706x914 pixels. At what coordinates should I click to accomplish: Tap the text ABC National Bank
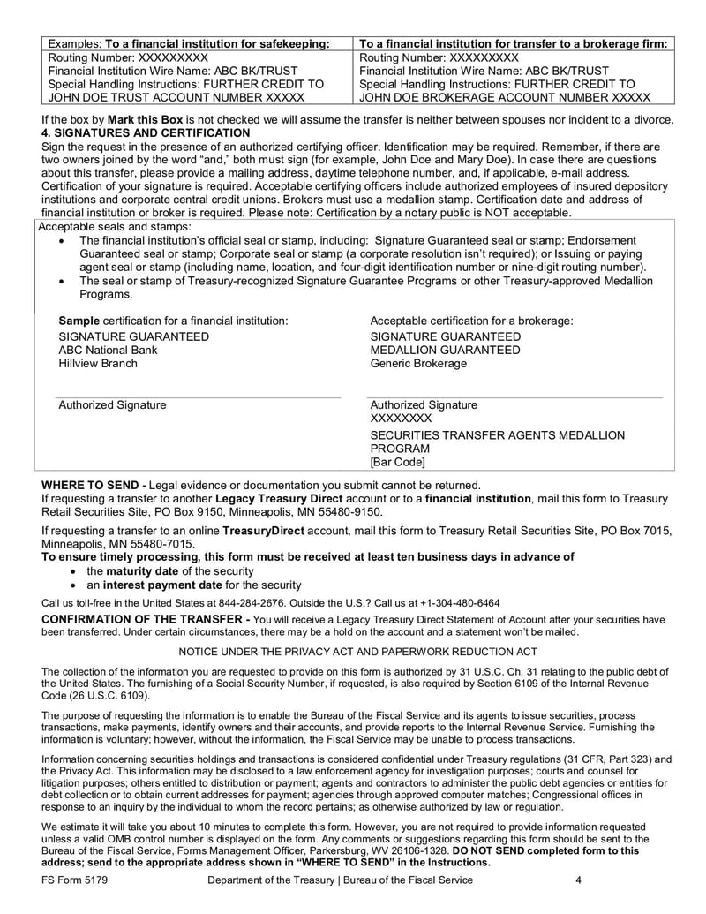point(108,350)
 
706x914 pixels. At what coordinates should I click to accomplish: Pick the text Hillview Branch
point(98,363)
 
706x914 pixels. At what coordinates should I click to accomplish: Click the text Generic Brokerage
point(418,363)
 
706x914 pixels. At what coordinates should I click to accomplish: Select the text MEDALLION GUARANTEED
point(445,350)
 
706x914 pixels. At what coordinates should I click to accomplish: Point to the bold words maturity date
point(142,570)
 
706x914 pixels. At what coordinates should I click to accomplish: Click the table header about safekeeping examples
point(189,43)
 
